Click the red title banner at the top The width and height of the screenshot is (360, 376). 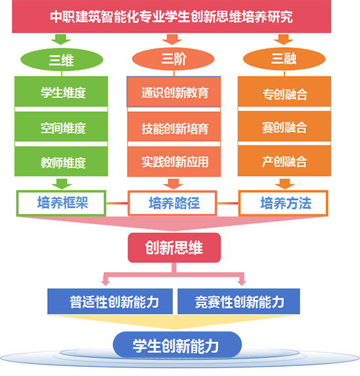(171, 16)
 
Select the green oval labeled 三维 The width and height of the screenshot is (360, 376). (62, 60)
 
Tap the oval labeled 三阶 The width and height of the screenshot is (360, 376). (173, 59)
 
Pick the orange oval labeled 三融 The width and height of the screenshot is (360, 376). (284, 59)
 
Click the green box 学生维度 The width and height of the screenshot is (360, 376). (62, 92)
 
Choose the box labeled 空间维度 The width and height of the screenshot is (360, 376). (62, 127)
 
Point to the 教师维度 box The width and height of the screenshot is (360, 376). (62, 161)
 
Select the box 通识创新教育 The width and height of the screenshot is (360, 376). (173, 92)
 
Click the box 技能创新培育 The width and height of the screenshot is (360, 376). (173, 127)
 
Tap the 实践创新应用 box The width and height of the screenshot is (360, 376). (173, 162)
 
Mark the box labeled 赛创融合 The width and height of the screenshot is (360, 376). (284, 126)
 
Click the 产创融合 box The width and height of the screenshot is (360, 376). (284, 161)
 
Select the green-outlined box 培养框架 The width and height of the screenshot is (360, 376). (62, 203)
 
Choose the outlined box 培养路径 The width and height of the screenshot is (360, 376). (172, 203)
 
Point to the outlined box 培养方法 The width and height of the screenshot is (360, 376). (283, 203)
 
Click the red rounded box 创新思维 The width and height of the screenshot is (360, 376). (174, 247)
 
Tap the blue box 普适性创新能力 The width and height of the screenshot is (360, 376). (110, 301)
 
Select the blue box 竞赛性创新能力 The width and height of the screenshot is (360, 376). (239, 301)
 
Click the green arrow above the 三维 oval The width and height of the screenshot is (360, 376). (61, 39)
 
